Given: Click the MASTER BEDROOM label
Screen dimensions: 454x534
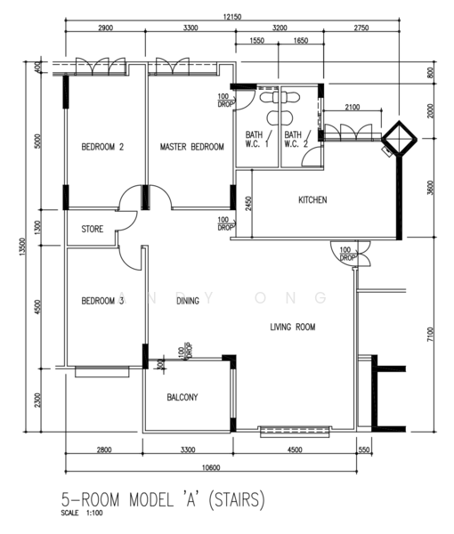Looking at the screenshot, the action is coord(191,147).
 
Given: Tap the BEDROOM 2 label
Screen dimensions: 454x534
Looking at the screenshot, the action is coord(102,147).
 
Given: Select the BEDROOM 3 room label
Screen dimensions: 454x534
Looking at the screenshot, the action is coord(102,301).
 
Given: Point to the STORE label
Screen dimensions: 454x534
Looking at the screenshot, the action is coord(93,229).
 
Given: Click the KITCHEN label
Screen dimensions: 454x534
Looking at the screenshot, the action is coord(312,199).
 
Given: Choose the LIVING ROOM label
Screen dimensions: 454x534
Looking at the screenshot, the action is coord(293,327).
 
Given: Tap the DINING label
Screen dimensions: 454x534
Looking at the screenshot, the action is coord(188,301).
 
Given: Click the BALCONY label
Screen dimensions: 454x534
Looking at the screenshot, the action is coord(182,397).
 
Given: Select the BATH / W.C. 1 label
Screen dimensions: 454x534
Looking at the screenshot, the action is coord(258,139).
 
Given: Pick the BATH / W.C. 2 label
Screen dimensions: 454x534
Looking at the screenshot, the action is coord(297,139).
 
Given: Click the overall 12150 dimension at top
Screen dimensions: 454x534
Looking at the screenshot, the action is coord(232,17).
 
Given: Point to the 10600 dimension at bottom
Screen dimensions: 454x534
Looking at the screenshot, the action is coord(211,467).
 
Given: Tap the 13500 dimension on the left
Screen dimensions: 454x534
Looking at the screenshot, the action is coord(22,247).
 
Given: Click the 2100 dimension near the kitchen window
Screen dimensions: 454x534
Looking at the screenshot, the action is coord(353,108).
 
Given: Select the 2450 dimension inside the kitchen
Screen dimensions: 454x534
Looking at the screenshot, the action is coord(248,203).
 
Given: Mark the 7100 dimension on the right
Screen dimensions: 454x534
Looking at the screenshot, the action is coord(431,335).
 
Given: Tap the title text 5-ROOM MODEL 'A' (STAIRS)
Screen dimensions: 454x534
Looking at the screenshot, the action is coord(163,499).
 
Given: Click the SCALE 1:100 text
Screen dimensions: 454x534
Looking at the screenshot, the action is coord(82,513).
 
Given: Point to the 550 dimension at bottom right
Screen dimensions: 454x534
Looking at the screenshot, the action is coord(364,449).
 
